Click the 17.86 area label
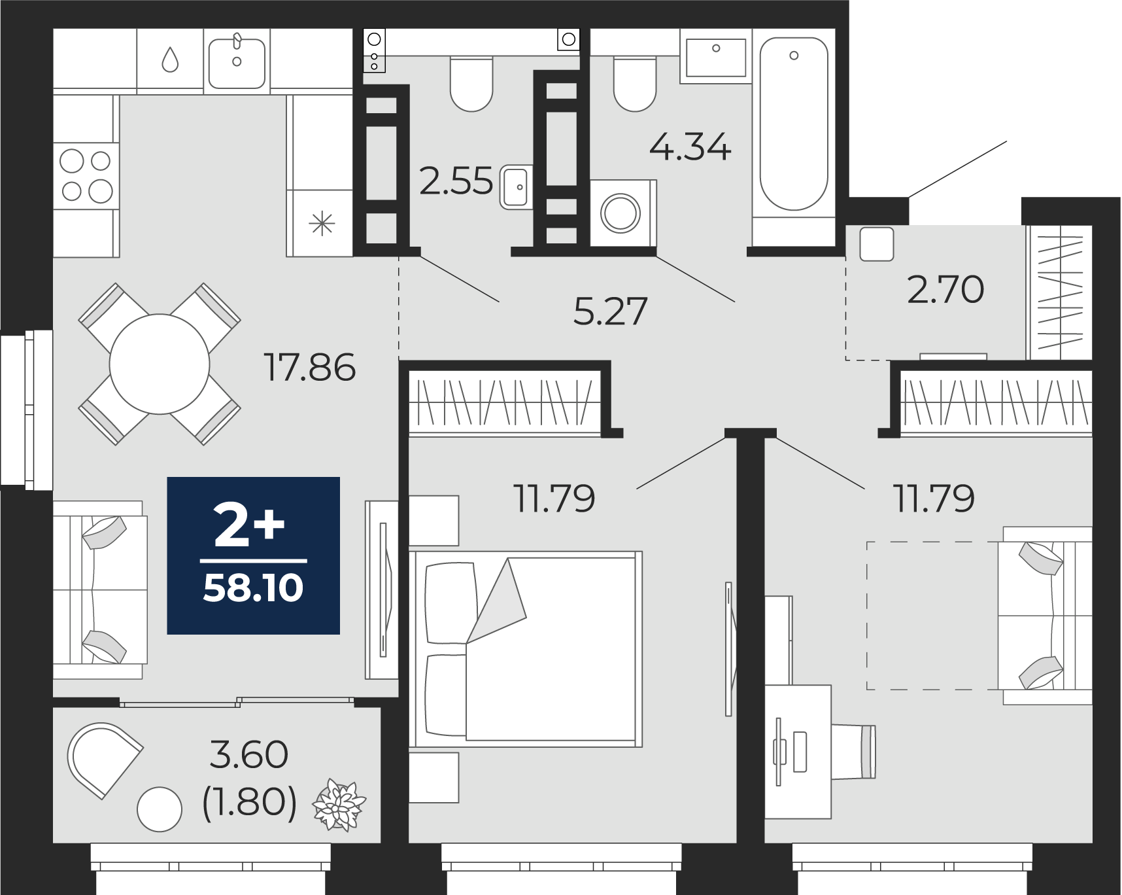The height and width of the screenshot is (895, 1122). click(309, 367)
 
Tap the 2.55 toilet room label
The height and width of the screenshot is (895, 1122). click(456, 181)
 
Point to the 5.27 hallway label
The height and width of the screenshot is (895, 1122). click(610, 311)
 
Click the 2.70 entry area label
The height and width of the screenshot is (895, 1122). click(945, 289)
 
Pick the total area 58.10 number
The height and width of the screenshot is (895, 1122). click(253, 588)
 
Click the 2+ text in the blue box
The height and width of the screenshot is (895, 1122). click(250, 526)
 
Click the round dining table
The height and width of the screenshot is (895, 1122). click(160, 364)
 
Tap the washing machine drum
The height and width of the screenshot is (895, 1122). click(620, 213)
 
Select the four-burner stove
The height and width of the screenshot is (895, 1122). click(86, 176)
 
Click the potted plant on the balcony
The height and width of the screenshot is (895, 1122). click(339, 805)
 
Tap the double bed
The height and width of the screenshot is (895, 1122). click(526, 649)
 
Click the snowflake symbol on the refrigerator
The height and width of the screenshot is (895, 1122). click(322, 224)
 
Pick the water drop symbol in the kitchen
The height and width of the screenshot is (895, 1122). click(170, 60)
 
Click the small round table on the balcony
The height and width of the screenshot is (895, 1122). click(160, 809)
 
